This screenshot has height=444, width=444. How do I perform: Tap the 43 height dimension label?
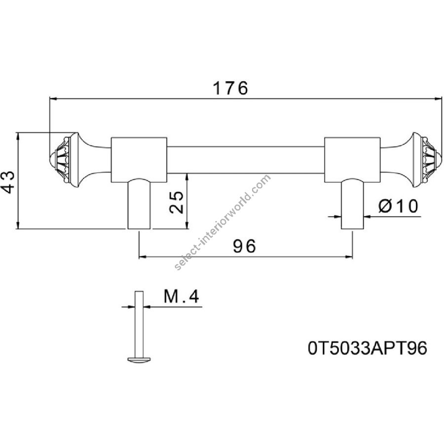pyautogui.click(x=7, y=182)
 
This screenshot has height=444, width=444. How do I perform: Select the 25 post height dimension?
pyautogui.click(x=176, y=202)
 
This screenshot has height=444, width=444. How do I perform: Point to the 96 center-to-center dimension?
pyautogui.click(x=244, y=246)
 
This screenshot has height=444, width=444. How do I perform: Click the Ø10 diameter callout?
pyautogui.click(x=398, y=206)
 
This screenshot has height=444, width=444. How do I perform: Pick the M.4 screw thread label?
pyautogui.click(x=181, y=296)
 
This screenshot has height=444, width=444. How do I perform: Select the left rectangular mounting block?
pyautogui.click(x=139, y=160)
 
